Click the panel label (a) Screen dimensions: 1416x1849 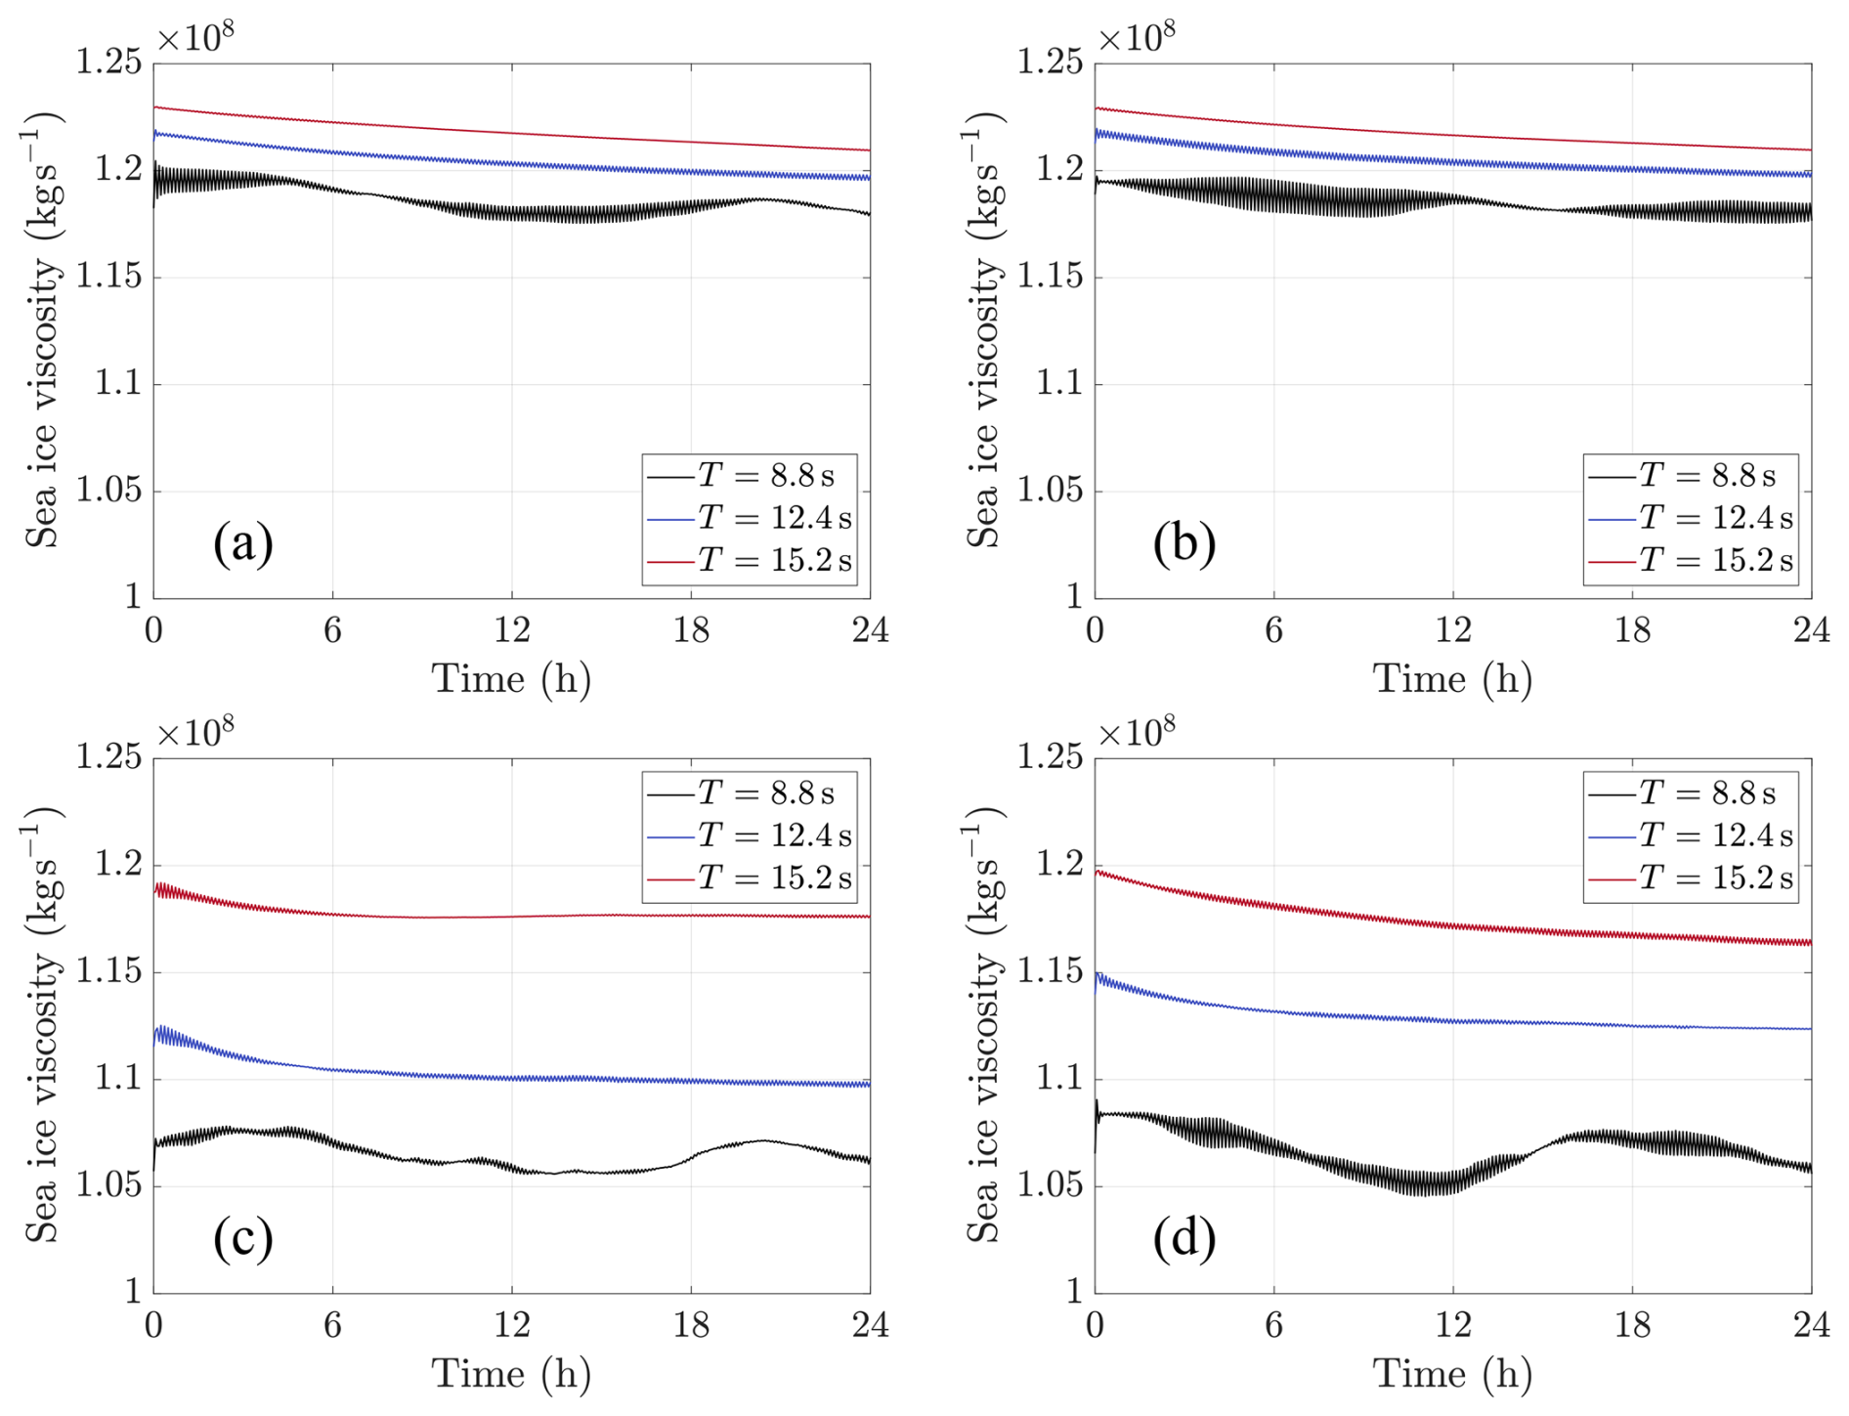point(242,542)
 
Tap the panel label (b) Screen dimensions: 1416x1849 point(1183,542)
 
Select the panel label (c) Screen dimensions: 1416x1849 point(242,1237)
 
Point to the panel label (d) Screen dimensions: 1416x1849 point(1183,1237)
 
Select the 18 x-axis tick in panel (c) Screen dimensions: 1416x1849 point(691,1325)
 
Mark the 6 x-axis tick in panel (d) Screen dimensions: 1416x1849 point(1273,1325)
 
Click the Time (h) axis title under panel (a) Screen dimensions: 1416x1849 point(511,679)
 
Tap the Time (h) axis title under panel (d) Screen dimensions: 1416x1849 point(1452,1374)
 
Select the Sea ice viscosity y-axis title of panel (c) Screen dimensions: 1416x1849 point(42,1026)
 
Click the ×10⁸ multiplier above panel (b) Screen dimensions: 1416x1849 point(1137,37)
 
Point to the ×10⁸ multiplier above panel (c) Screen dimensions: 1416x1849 point(195,732)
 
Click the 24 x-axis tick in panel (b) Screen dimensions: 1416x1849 point(1811,630)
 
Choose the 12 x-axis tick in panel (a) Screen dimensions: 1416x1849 point(511,630)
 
